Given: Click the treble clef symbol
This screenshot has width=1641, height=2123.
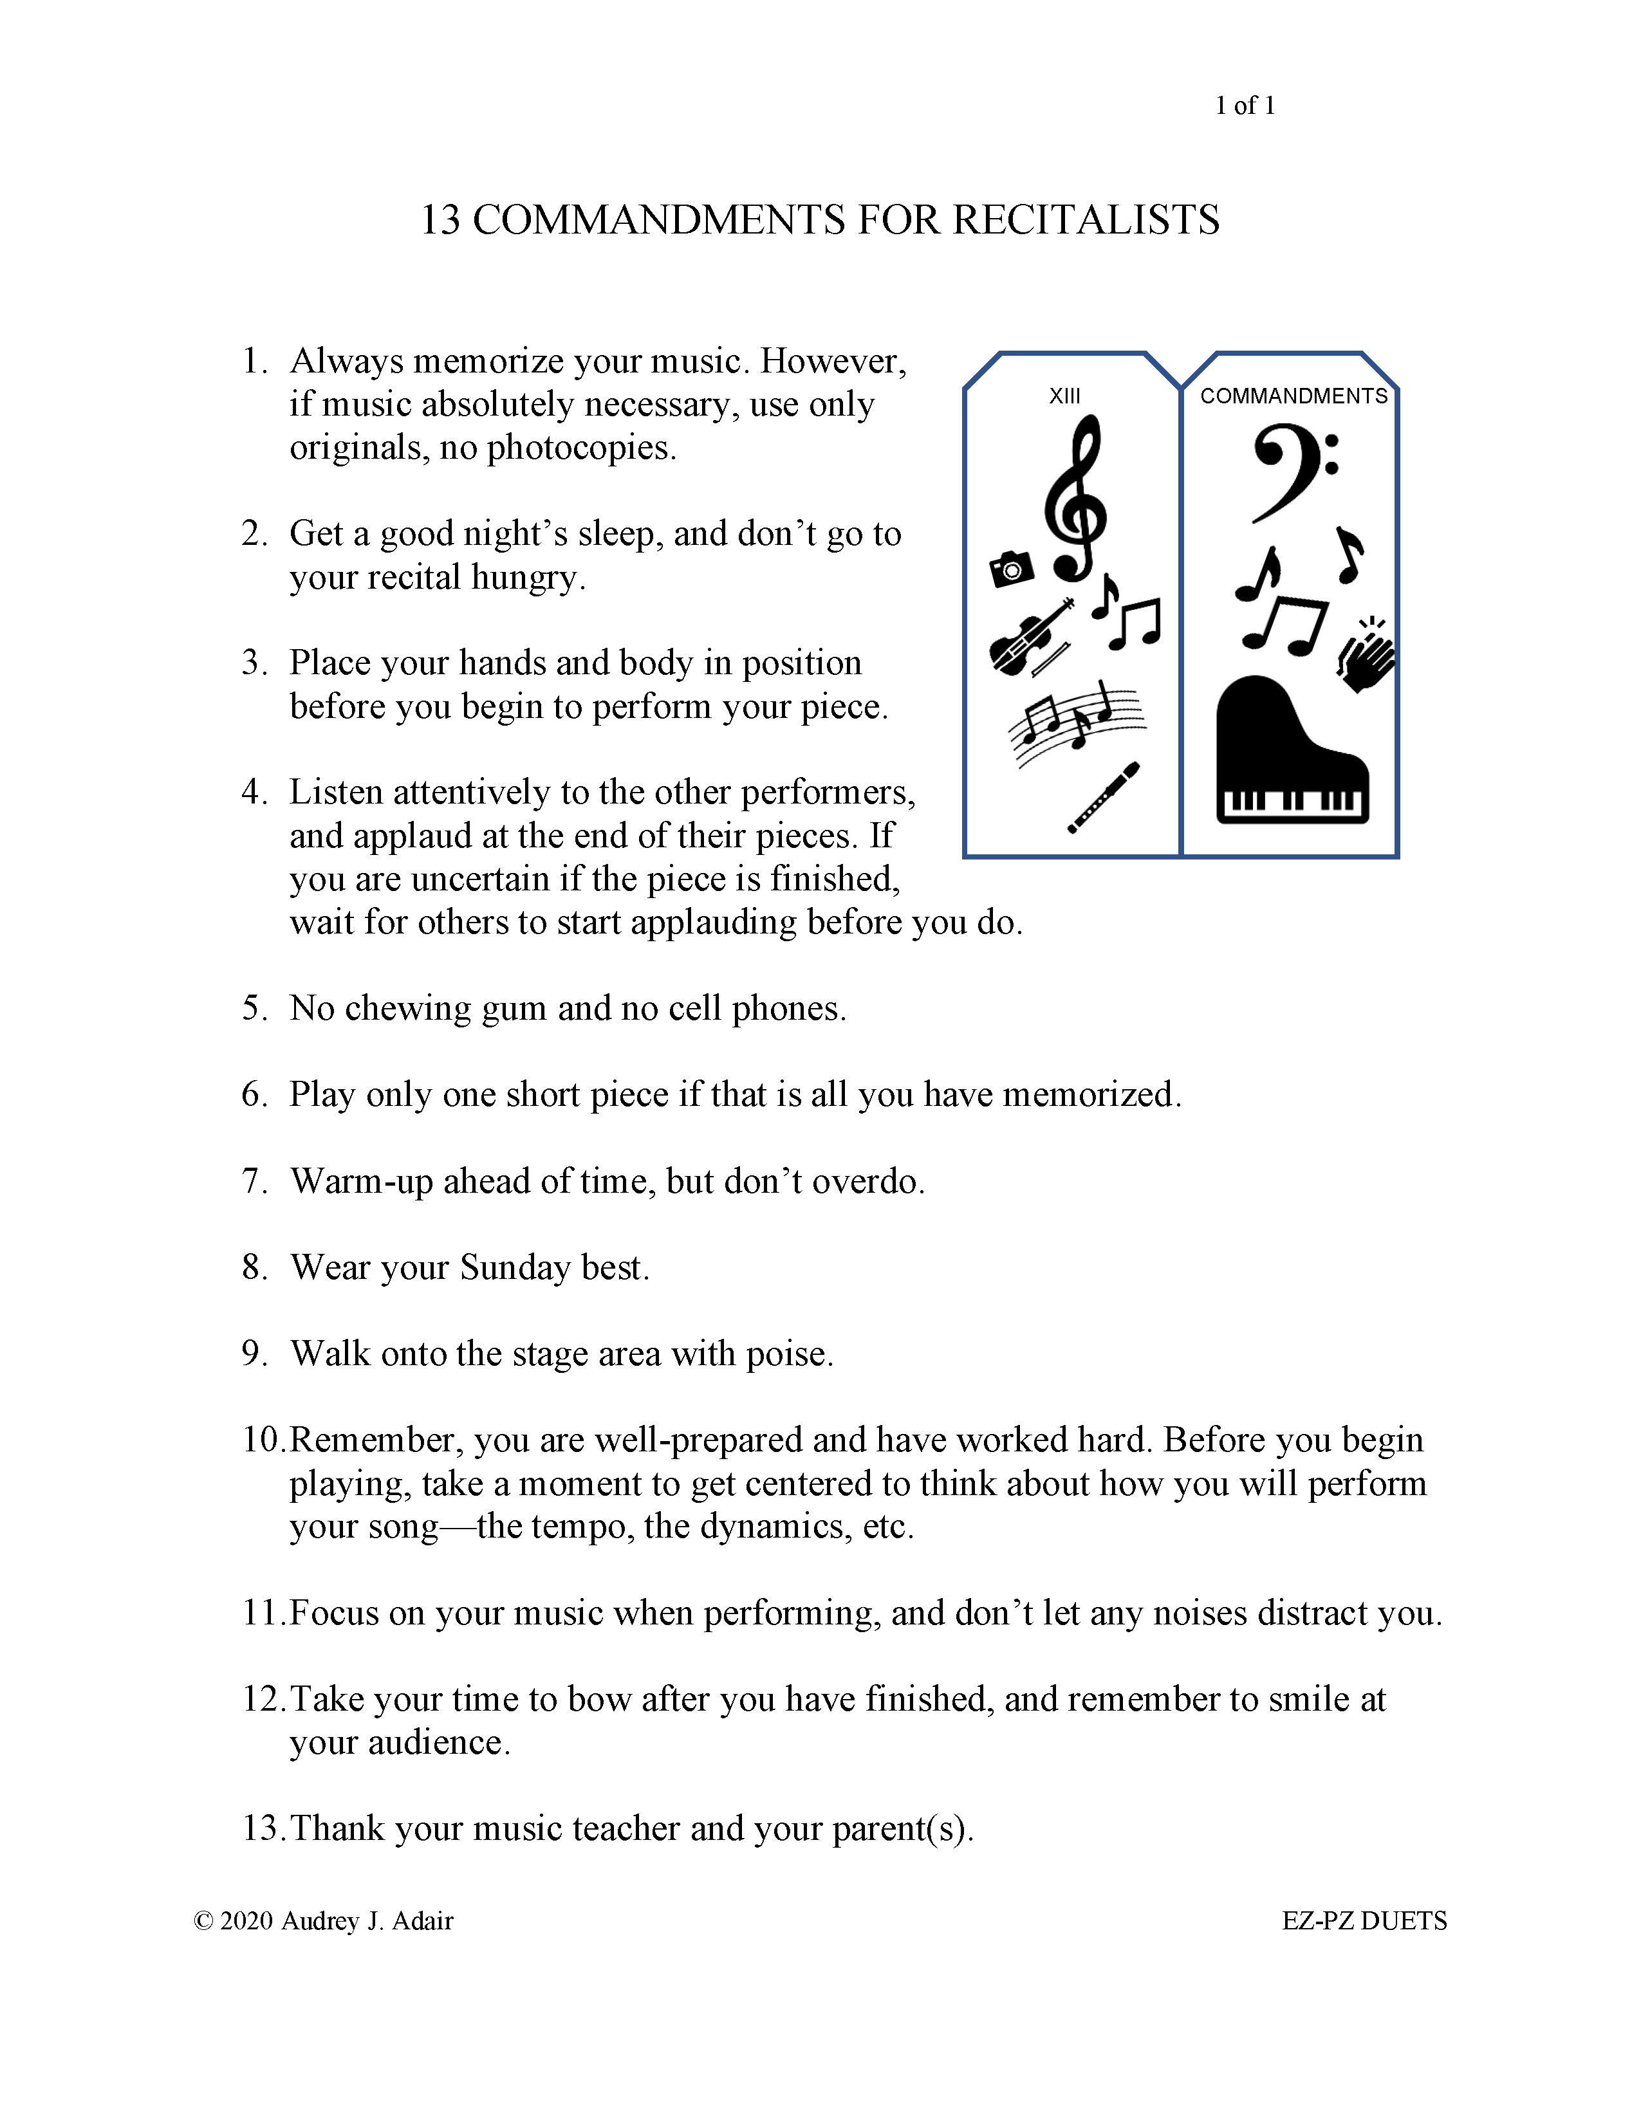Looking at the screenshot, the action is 1075,498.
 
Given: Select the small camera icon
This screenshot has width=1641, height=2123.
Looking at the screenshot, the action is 1011,569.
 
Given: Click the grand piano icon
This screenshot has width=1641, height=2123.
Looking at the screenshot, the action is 1292,749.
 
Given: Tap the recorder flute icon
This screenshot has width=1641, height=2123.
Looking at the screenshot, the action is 1104,797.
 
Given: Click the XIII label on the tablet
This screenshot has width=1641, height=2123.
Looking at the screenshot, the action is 1064,396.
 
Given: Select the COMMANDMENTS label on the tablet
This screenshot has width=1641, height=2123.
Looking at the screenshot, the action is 1294,396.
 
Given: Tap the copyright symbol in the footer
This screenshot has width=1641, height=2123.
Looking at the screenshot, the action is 203,1921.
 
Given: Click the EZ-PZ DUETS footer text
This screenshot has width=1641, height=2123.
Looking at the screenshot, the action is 1364,1921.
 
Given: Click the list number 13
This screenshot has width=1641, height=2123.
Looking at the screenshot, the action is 263,1828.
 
